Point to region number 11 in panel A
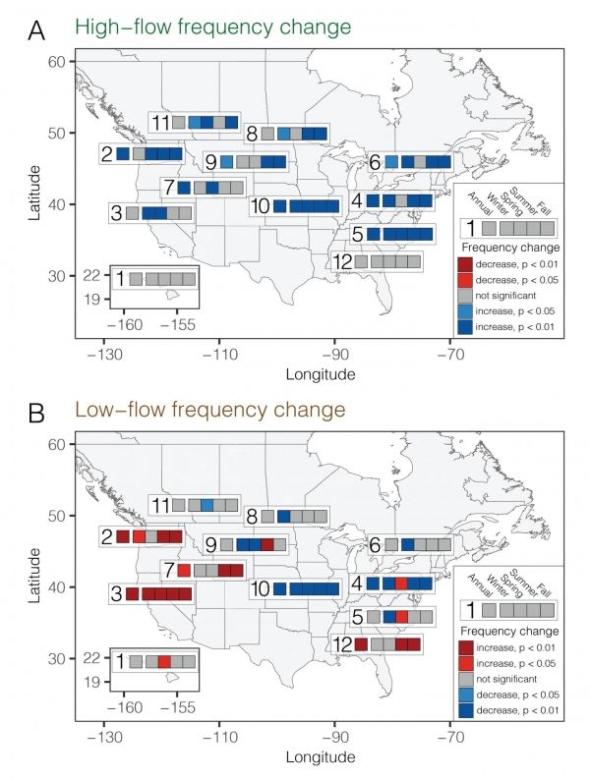tap(161, 123)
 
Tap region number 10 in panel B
tap(261, 589)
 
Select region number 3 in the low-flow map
tap(117, 594)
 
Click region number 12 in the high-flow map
tap(342, 262)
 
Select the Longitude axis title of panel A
tap(320, 374)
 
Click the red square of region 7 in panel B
tap(184, 570)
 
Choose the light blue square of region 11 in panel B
tap(207, 505)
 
